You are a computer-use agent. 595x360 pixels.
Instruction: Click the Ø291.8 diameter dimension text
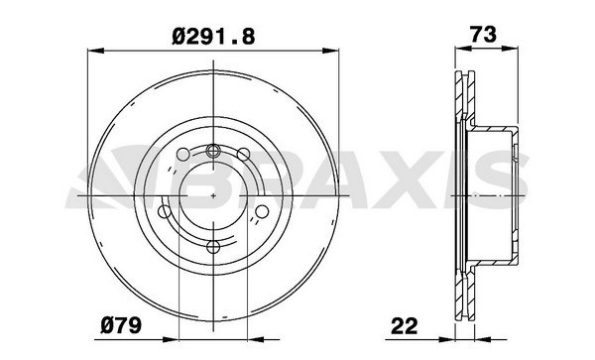(x=213, y=37)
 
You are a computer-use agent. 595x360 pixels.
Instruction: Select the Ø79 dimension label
(x=121, y=325)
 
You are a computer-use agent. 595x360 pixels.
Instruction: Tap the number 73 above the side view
(x=483, y=35)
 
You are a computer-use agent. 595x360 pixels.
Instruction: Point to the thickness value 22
(x=405, y=326)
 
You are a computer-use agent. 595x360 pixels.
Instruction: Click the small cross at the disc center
(x=213, y=195)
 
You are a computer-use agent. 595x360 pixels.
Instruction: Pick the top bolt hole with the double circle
(x=213, y=151)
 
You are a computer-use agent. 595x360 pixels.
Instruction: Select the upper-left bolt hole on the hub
(x=182, y=154)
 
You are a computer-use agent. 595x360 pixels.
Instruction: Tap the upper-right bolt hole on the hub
(x=243, y=154)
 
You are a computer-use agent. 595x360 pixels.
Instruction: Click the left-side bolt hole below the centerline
(x=165, y=211)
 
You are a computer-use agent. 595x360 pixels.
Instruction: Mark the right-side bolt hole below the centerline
(x=262, y=211)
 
